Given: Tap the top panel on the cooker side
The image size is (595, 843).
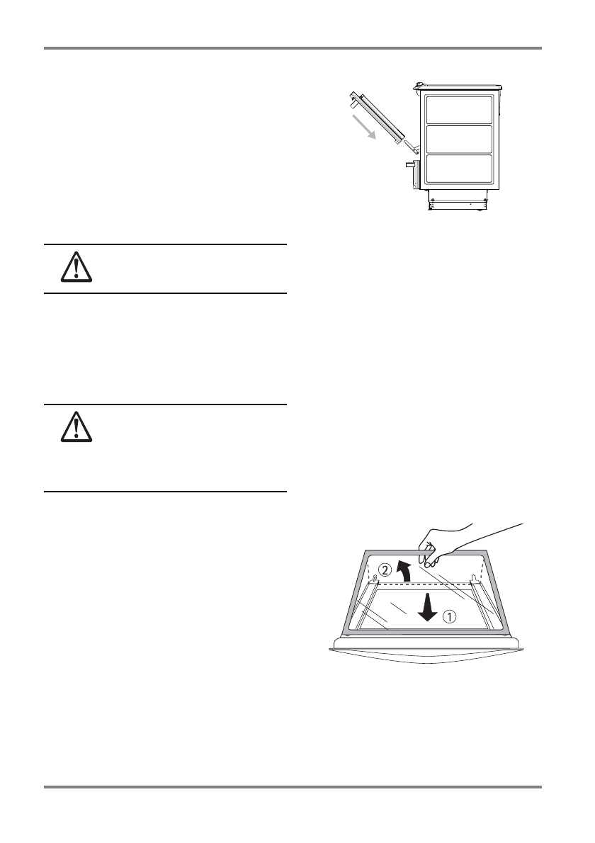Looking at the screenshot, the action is [458, 110].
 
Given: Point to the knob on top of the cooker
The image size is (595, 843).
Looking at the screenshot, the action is [419, 86].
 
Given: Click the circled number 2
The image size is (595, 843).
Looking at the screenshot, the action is [384, 569].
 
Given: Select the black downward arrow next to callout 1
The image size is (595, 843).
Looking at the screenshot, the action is [426, 608].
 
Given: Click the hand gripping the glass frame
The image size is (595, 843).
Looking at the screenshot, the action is [460, 542].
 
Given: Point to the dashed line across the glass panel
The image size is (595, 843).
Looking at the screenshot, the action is [425, 584].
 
